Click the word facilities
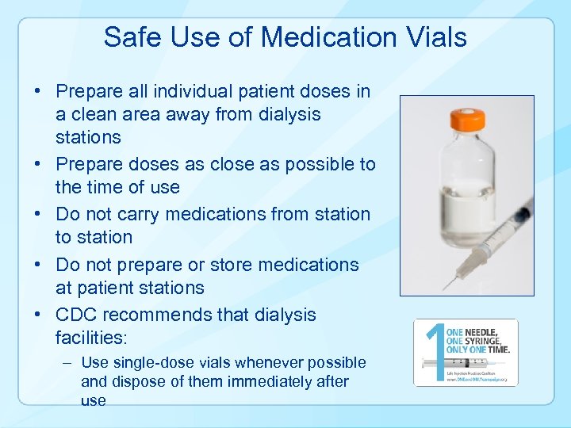pyautogui.click(x=90, y=338)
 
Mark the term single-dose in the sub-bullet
pyautogui.click(x=149, y=362)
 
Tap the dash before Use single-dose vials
pyautogui.click(x=68, y=362)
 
